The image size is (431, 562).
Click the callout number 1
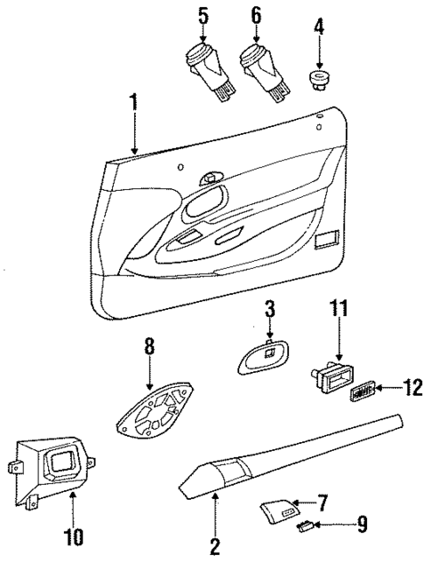tap(133, 103)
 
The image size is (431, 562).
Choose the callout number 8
tap(148, 347)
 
